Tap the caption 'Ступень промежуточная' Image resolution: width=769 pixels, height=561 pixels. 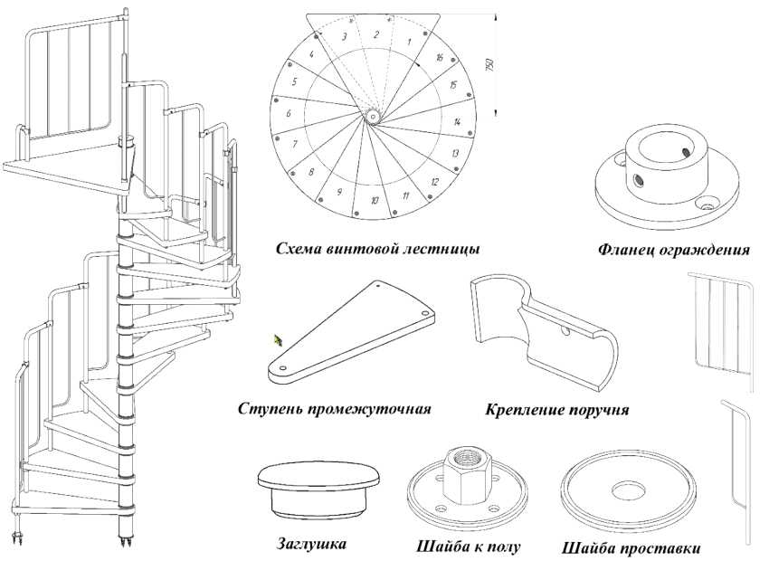pos(334,408)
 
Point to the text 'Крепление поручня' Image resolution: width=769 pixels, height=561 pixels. pos(556,410)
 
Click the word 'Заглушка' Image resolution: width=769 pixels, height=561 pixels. pos(311,544)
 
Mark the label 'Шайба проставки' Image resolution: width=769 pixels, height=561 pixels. pos(631,548)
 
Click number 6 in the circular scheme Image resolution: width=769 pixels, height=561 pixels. pos(288,114)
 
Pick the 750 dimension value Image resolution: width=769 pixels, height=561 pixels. pos(489,65)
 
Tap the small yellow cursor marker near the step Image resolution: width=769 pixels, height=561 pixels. pos(280,340)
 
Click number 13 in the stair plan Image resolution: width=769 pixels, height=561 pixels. pos(456,153)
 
